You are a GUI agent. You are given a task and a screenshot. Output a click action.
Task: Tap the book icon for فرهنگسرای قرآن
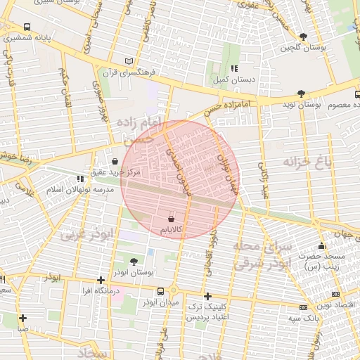click(127, 61)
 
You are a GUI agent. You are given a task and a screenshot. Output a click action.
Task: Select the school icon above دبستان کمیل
click(234, 68)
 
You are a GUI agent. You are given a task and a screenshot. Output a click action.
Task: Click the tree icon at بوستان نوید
click(301, 93)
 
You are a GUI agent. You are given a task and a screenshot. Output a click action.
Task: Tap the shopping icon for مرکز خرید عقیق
click(115, 161)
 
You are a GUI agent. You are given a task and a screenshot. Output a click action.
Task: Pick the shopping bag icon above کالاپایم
click(171, 219)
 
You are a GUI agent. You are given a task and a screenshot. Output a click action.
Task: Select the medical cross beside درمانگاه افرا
click(101, 279)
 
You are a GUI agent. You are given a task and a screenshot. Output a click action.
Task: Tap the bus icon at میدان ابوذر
click(161, 291)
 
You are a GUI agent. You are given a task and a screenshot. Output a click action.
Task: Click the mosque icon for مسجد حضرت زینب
click(321, 245)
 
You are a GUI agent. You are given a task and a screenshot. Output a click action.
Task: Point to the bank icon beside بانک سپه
click(303, 307)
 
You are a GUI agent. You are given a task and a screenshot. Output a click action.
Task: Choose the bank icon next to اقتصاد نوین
click(335, 293)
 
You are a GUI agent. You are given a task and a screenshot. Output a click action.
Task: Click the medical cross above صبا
click(23, 318)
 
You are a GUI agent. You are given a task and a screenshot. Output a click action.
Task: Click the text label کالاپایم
click(171, 230)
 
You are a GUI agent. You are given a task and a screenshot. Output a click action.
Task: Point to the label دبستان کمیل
click(234, 80)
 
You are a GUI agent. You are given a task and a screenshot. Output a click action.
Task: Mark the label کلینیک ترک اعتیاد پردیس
click(207, 313)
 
